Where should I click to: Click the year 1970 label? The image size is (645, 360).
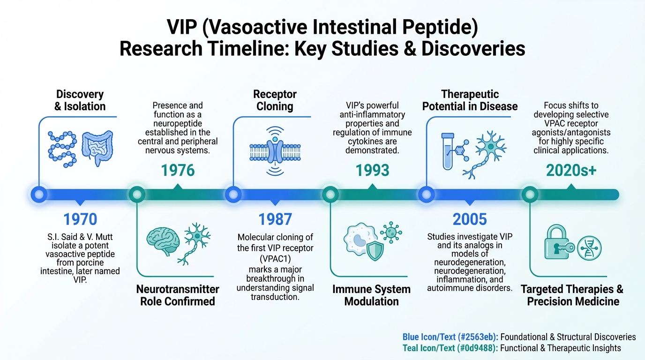[x=80, y=219]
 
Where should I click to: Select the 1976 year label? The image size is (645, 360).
[x=178, y=171]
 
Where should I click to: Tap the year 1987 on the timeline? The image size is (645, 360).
[x=275, y=219]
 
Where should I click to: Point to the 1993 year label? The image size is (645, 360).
[x=372, y=171]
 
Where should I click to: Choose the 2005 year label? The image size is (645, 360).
[x=470, y=219]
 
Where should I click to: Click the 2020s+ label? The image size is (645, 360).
[x=571, y=171]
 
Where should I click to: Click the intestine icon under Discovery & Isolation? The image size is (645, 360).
[x=97, y=148]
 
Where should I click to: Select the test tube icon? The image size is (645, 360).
[x=448, y=151]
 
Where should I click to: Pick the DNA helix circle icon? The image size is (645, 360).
[x=589, y=248]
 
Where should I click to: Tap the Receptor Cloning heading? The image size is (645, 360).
[x=275, y=100]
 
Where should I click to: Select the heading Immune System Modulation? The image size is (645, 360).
[x=371, y=295]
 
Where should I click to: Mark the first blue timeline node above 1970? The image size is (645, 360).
[x=39, y=195]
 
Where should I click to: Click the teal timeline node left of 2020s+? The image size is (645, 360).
[x=530, y=195]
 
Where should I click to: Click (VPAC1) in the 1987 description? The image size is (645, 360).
[x=275, y=259]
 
